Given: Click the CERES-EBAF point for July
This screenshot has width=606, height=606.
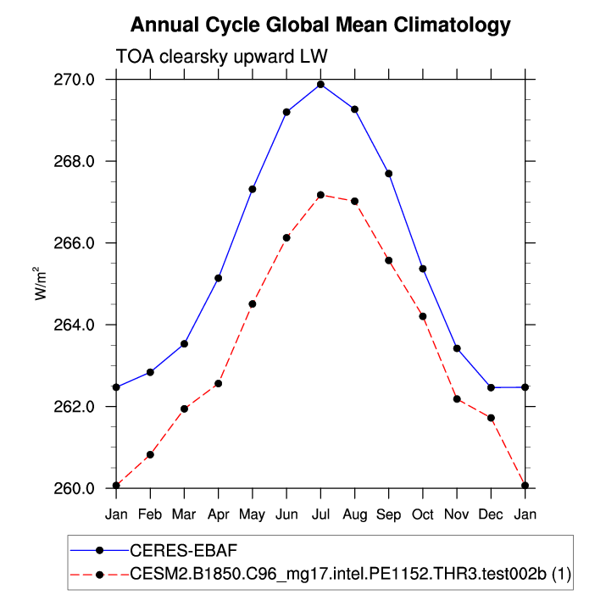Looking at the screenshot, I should tap(320, 84).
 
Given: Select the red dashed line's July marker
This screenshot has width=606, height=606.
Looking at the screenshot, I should tap(320, 195).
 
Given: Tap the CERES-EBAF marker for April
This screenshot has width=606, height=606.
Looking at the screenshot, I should tap(218, 278).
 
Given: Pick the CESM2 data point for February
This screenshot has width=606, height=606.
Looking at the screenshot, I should tap(150, 455).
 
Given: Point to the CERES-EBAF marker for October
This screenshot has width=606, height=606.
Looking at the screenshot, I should tap(422, 269).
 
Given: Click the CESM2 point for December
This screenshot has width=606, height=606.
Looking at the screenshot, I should tap(491, 418).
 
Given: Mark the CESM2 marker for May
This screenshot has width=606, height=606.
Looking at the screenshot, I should tap(252, 303).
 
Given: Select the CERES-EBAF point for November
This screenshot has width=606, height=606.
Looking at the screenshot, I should tap(457, 348).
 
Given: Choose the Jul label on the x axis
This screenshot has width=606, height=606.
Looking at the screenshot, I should tap(320, 514).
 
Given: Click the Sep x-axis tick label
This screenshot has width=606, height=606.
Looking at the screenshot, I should tap(388, 514).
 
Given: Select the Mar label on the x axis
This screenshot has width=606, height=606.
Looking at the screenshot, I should tap(184, 514).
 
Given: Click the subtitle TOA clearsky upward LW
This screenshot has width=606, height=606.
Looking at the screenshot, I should tap(221, 56).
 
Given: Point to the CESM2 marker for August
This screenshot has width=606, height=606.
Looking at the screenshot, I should tap(354, 201).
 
